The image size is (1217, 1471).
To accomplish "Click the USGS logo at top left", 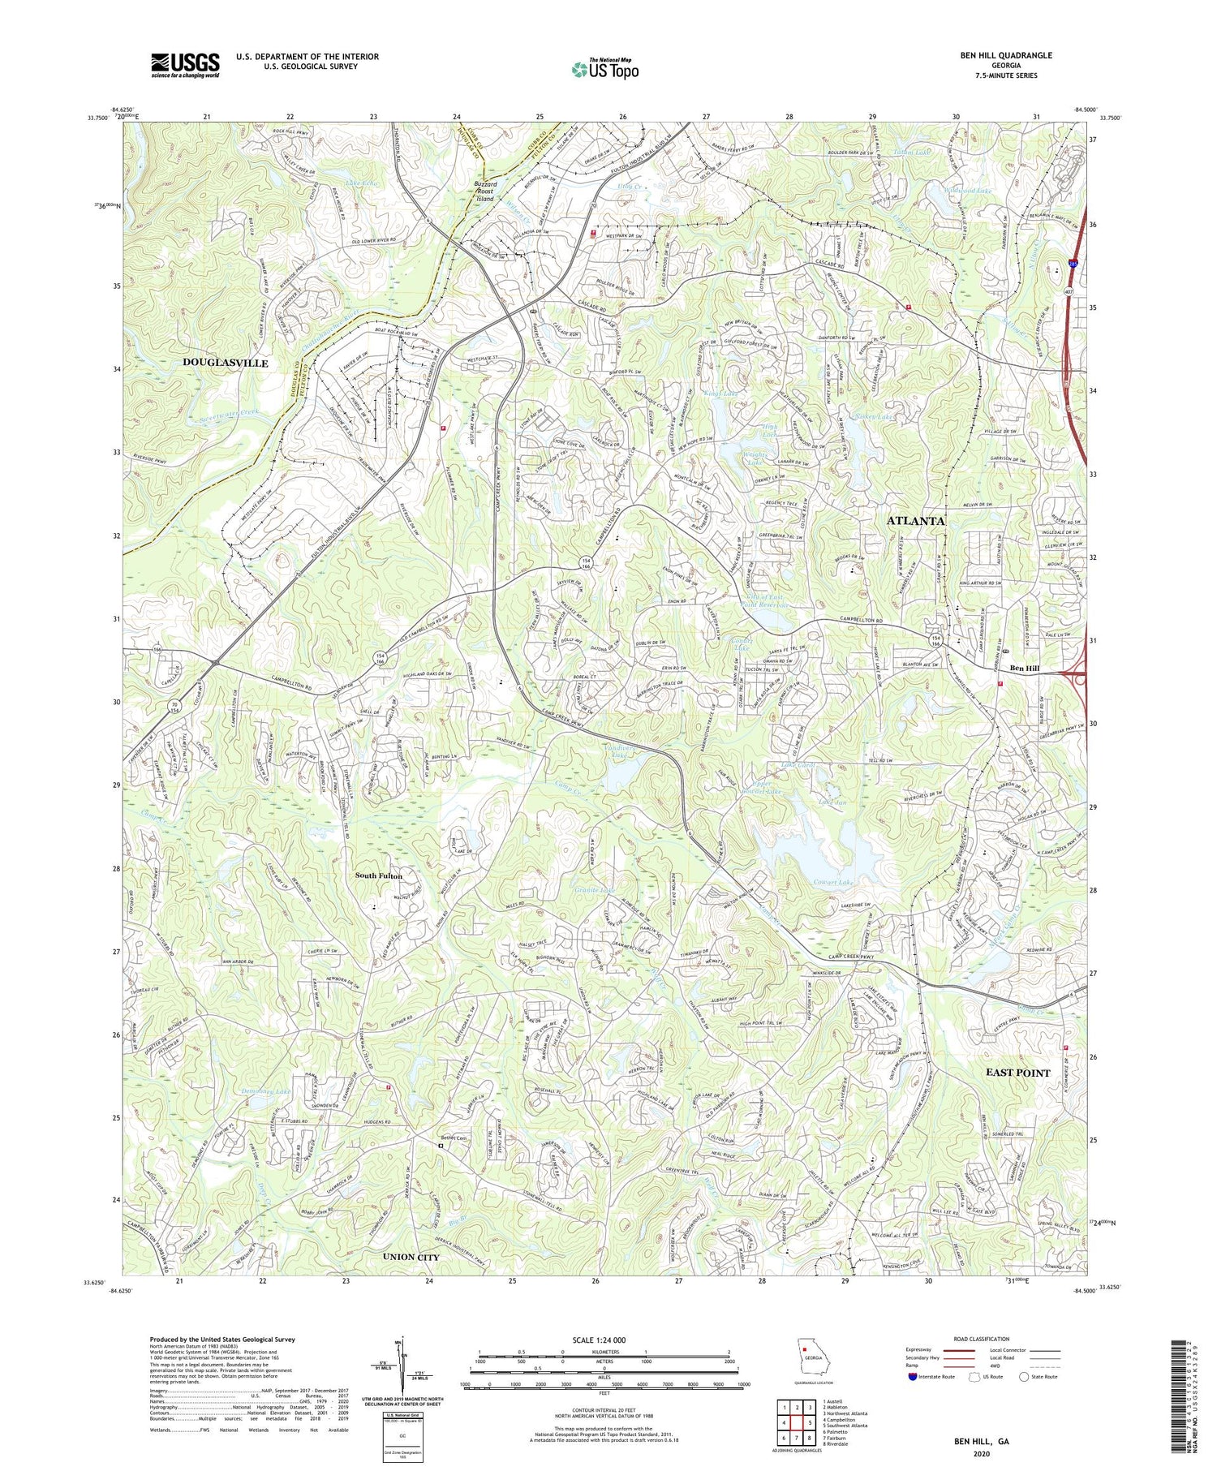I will [x=185, y=65].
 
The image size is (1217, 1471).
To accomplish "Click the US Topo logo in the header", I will [x=604, y=69].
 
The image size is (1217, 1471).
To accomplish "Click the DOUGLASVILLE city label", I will [x=226, y=363].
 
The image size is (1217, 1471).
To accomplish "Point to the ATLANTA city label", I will [x=916, y=521].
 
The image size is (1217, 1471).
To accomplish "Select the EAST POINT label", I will [x=1017, y=1073].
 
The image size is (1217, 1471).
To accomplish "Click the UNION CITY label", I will [x=411, y=1257].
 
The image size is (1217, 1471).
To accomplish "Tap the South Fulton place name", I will [x=378, y=876].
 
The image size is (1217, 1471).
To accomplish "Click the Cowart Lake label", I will [x=833, y=882].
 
